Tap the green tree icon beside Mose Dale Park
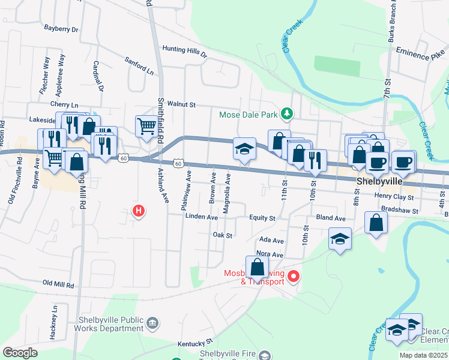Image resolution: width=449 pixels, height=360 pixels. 288,113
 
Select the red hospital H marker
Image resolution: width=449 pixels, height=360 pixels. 139,211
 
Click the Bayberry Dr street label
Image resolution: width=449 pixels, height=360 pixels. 62,28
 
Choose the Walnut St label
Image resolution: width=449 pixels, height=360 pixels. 182,104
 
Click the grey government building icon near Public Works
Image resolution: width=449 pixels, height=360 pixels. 152,324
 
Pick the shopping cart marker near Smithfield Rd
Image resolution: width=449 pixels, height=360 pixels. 146,126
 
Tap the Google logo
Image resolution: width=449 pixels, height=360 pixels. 20,353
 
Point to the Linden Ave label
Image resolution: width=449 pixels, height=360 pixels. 201,217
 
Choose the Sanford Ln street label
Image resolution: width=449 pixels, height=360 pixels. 139,65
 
